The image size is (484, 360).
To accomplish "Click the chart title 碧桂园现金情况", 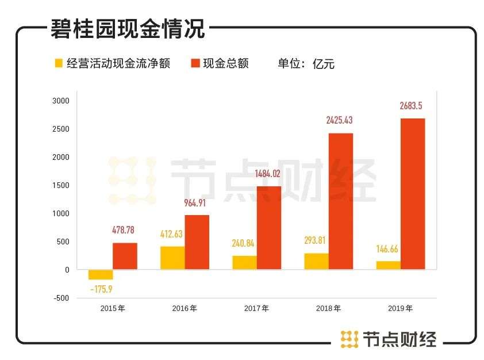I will (128, 29).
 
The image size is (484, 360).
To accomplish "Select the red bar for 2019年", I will (412, 194).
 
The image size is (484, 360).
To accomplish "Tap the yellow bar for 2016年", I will (172, 258).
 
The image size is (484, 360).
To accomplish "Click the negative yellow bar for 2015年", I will (100, 274).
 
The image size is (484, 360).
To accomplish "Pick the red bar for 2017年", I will (268, 228).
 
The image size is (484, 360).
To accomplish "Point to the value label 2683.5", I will (412, 106).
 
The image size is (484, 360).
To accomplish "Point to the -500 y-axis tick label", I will (60, 298).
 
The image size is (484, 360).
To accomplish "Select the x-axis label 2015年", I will (113, 308).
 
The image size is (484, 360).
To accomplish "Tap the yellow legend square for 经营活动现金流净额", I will (58, 63).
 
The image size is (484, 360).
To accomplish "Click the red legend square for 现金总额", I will (195, 63).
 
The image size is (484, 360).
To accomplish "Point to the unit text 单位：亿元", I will (306, 63).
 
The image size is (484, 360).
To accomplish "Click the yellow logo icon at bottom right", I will (349, 339).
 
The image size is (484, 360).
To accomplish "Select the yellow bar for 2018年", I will (316, 261).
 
